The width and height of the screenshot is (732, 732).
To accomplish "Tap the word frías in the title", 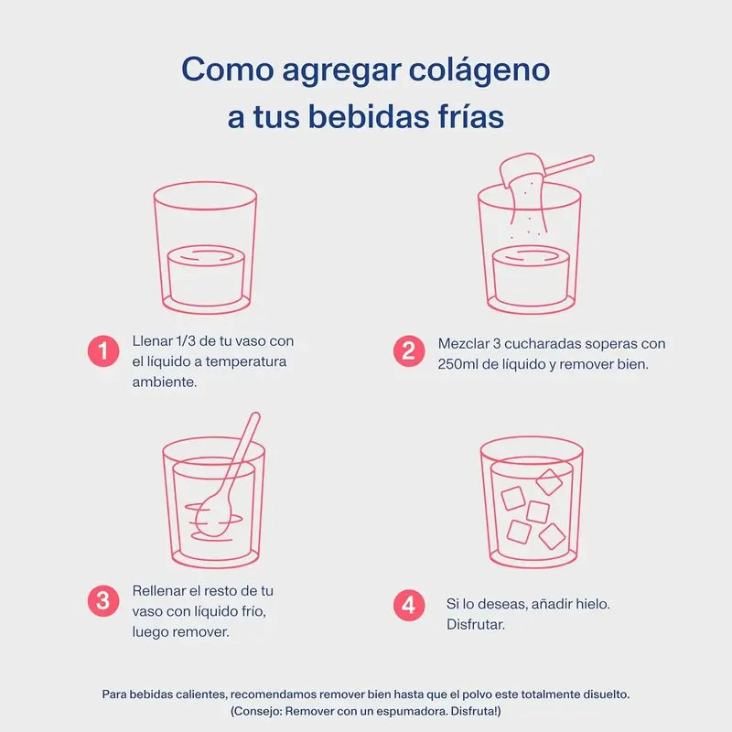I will (x=463, y=117).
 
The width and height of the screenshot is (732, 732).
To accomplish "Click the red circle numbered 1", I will (x=103, y=350).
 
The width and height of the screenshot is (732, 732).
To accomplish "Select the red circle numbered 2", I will (x=409, y=351).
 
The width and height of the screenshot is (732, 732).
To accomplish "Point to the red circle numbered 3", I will (x=103, y=601).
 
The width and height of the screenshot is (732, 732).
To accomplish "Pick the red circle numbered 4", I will (x=409, y=605).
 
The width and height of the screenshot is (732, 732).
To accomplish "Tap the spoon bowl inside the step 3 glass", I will (x=213, y=517).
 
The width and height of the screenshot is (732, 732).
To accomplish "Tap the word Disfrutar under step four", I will (x=476, y=625).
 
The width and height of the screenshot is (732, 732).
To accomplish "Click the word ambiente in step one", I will (x=165, y=382).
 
